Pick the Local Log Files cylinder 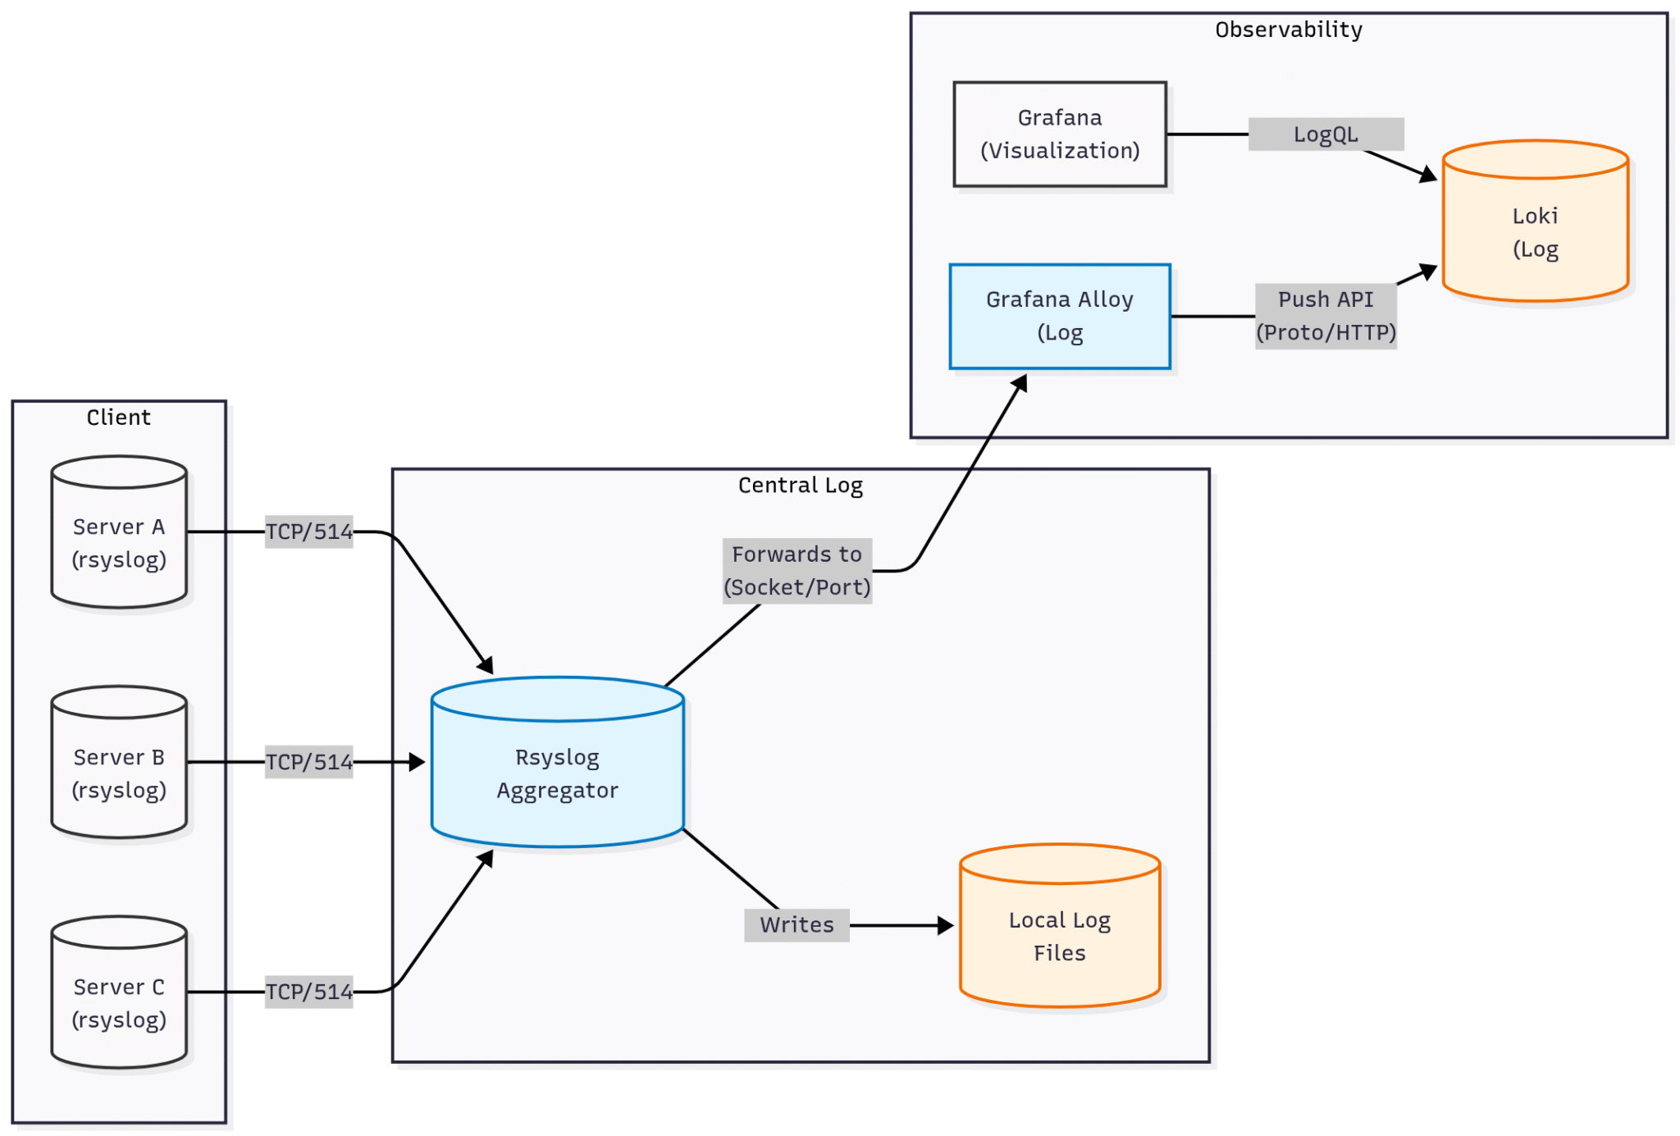coord(1059,936)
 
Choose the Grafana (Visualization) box coord(1059,135)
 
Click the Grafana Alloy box coord(1059,317)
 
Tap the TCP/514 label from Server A coord(308,532)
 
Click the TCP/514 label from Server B coord(308,762)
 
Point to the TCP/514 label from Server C coord(308,992)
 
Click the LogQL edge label coord(1325,135)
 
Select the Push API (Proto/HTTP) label coord(1325,316)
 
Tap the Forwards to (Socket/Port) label coord(797,571)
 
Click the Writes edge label coord(796,925)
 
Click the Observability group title coord(1288,30)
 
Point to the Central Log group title coord(800,486)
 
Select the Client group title coord(119,417)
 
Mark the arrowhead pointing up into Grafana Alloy coord(1020,382)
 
